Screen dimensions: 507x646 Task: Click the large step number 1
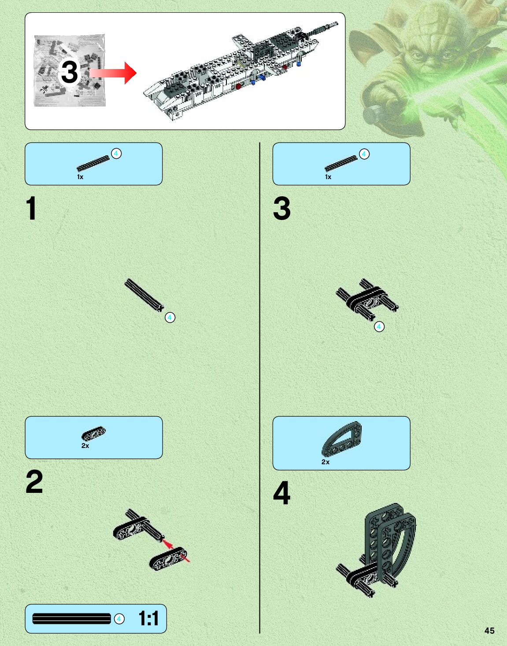click(31, 208)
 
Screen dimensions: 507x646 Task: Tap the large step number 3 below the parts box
click(282, 208)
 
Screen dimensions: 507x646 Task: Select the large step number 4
click(281, 493)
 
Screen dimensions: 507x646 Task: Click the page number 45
click(489, 631)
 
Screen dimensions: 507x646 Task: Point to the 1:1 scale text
click(148, 619)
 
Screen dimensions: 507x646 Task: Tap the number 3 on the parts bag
click(69, 72)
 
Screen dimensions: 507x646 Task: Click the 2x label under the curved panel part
click(325, 462)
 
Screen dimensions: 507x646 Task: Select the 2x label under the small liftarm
click(85, 446)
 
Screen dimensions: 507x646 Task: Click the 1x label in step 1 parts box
click(80, 177)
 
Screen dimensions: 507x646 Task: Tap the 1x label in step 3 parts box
click(328, 177)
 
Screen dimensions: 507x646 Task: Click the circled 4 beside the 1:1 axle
click(119, 619)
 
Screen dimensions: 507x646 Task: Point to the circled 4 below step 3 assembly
click(379, 327)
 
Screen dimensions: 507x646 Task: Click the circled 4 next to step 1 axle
click(170, 318)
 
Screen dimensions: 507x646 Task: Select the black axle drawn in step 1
click(144, 295)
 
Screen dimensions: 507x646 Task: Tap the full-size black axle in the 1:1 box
click(71, 619)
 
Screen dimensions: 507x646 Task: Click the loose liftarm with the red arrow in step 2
click(168, 559)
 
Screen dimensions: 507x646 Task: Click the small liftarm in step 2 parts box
click(93, 433)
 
